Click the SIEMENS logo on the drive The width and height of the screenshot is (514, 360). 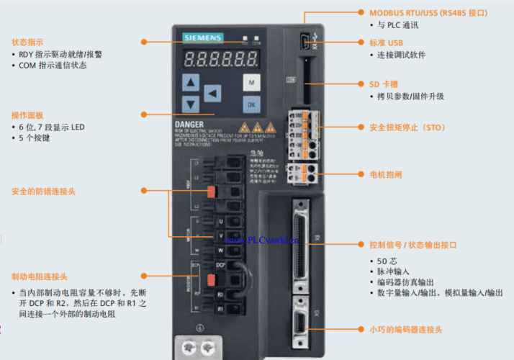coord(202,37)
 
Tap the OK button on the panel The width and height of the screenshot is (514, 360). coord(251,104)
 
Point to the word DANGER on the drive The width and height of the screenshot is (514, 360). coord(189,124)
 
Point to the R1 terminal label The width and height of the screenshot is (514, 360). coord(221,307)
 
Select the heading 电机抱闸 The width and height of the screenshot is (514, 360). coord(386,174)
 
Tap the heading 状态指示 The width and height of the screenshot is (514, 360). coord(27,42)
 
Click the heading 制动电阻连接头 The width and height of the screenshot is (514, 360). coord(40,276)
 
